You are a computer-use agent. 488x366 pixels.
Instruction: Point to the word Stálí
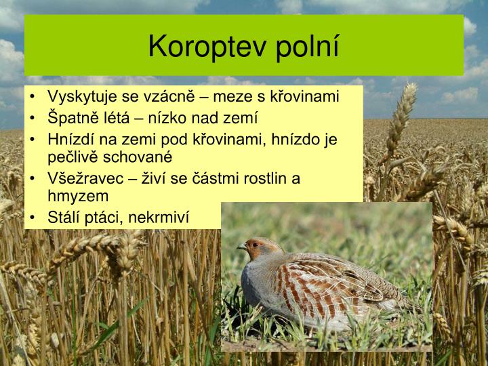(64, 218)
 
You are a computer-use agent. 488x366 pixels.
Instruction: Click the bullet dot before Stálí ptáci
(34, 218)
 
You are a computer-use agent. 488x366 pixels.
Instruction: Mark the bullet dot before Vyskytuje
(34, 96)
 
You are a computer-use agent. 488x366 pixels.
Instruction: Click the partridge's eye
(254, 243)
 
